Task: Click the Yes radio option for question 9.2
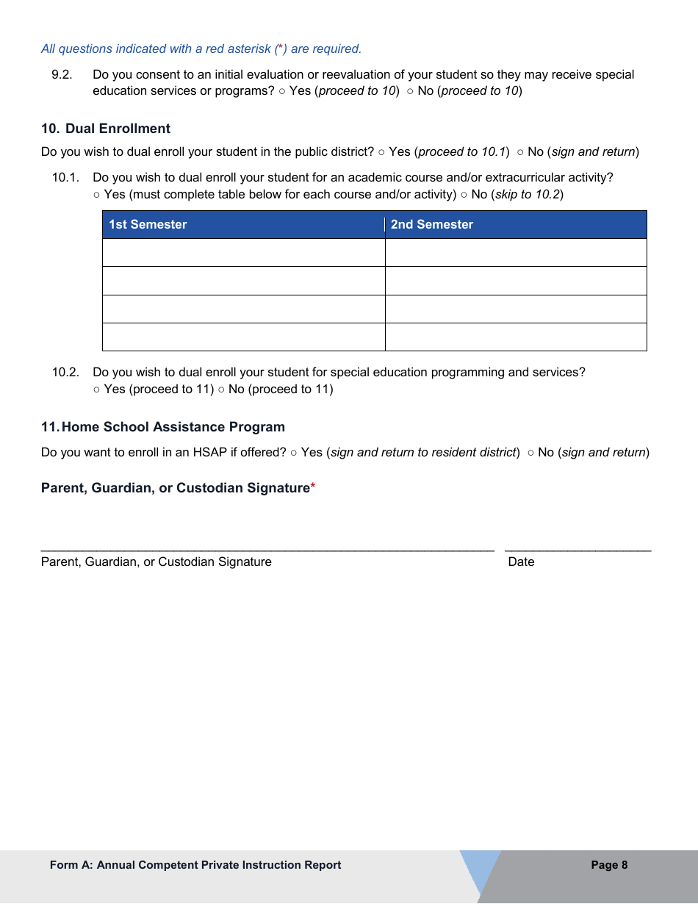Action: point(282,91)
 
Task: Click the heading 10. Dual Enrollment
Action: point(106,129)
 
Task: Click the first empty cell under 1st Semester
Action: point(243,253)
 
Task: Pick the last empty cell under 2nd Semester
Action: point(516,337)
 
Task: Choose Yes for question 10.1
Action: point(97,195)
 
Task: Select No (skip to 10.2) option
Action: point(464,195)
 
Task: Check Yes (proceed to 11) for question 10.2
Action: point(97,390)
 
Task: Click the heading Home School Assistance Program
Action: point(173,427)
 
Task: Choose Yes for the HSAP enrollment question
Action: point(294,453)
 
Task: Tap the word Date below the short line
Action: point(521,562)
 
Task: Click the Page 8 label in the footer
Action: point(609,865)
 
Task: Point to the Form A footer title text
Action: point(195,865)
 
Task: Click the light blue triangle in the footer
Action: point(478,867)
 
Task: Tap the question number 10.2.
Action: point(65,373)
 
